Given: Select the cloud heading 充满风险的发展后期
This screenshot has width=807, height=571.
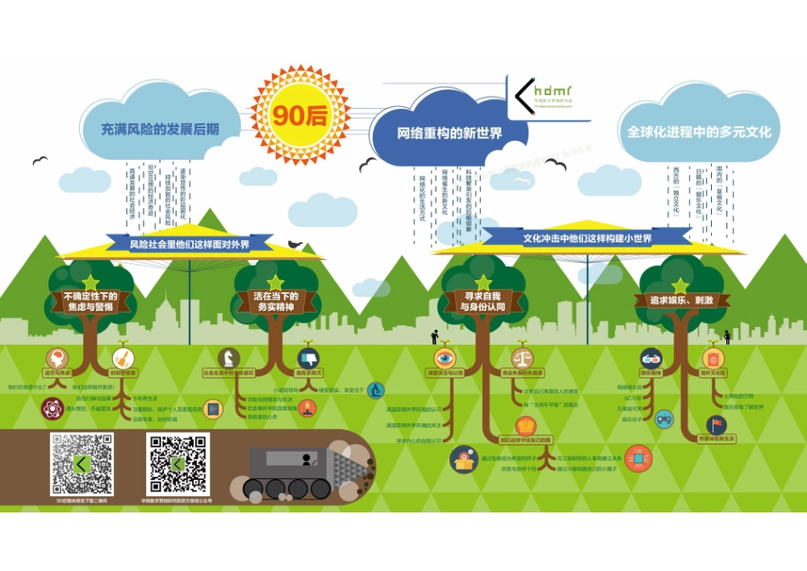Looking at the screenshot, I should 160,129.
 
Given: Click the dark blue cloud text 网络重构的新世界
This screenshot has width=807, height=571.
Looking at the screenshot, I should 449,133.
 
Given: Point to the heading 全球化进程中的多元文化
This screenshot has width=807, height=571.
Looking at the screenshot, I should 698,132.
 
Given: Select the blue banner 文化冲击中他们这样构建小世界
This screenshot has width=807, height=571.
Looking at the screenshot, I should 587,239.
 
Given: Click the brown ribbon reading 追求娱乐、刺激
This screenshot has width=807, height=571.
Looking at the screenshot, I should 680,301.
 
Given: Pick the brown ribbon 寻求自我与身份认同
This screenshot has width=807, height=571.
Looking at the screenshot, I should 482,302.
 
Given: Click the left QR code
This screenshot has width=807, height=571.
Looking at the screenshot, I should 82,464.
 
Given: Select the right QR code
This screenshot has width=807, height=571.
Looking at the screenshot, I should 178,464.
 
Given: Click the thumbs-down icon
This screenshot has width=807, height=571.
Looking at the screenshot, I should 307,357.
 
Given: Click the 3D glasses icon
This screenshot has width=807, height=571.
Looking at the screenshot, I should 651,358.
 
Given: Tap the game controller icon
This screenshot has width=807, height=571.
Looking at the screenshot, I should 663,418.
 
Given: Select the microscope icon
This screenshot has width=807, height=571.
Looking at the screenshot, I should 375,390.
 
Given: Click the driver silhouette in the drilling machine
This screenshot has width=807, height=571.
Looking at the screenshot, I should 308,459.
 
